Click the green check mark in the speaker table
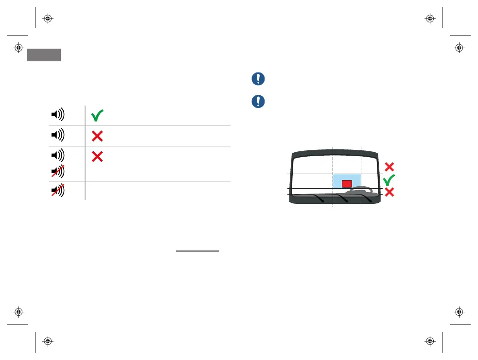click(97, 115)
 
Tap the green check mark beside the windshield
click(389, 180)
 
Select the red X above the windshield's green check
click(389, 167)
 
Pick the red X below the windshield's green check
click(389, 193)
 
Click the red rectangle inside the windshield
click(346, 183)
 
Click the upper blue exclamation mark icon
click(258, 79)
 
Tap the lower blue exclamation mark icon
click(258, 101)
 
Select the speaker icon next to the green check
click(57, 115)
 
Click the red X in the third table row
click(97, 156)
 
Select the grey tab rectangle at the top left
click(44, 54)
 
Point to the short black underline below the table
click(197, 252)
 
